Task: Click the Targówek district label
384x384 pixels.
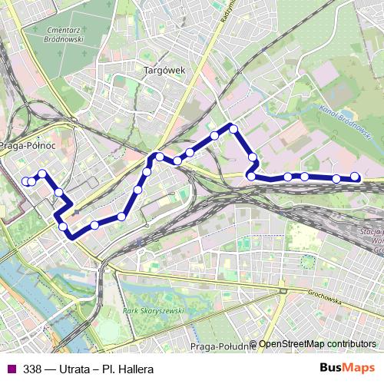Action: point(164,70)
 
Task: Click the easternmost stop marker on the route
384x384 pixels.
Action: point(355,177)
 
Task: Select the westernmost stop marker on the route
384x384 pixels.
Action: point(25,181)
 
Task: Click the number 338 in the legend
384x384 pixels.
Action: point(32,369)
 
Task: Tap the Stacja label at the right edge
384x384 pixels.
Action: point(373,230)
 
